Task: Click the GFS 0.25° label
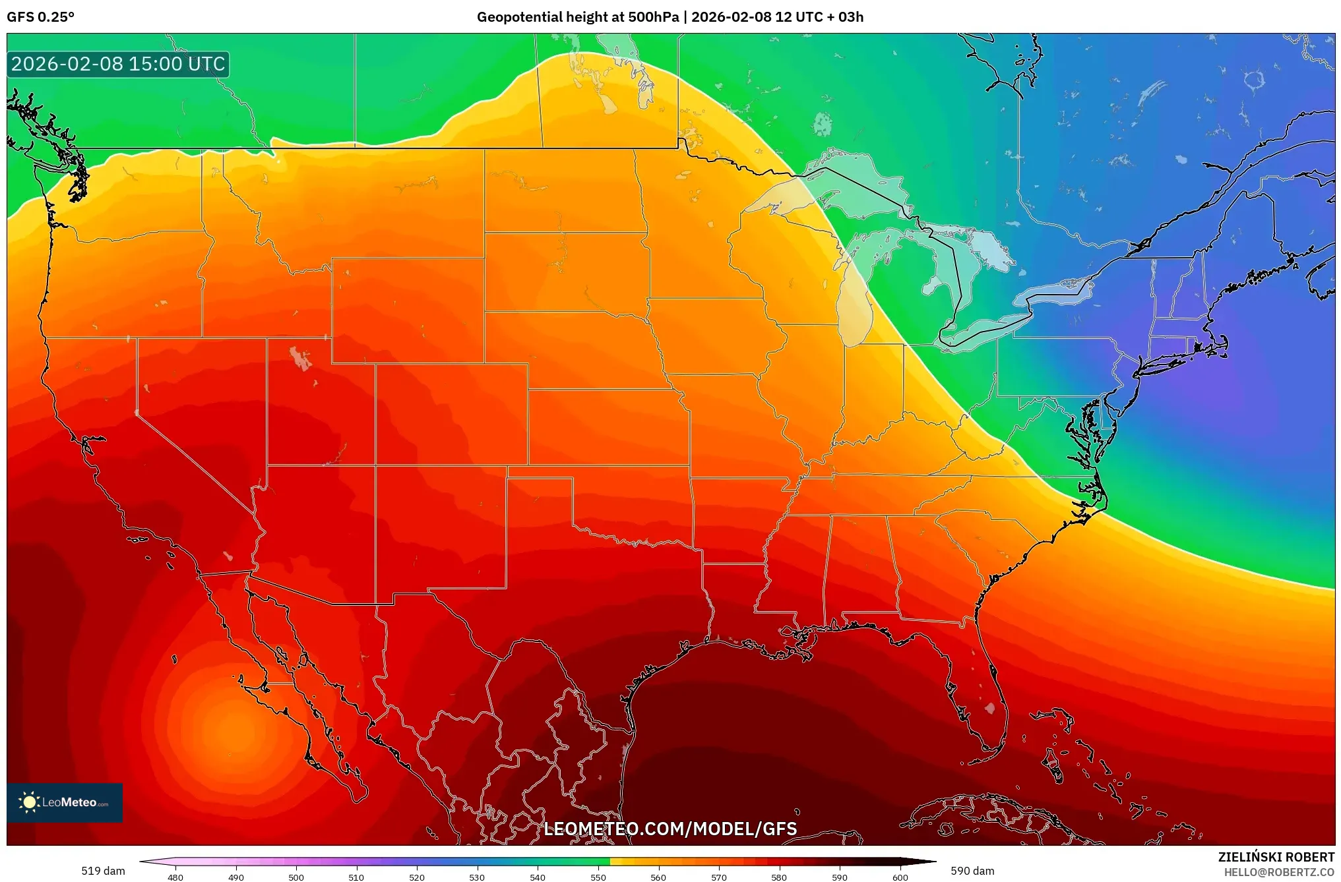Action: [x=40, y=17]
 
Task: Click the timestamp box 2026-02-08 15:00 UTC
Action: [x=118, y=64]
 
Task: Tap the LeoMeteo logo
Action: [x=65, y=802]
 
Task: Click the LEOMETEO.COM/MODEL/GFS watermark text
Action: [x=670, y=829]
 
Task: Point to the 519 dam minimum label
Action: [x=103, y=871]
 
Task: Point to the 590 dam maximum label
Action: [x=972, y=871]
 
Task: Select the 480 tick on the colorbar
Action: [x=175, y=877]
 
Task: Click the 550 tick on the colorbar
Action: [x=598, y=877]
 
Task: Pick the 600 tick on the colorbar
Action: [x=900, y=877]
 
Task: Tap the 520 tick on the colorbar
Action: [x=417, y=877]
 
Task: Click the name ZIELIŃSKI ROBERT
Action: [x=1276, y=857]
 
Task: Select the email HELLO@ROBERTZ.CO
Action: [x=1279, y=872]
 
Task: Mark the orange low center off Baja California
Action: [x=234, y=728]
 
